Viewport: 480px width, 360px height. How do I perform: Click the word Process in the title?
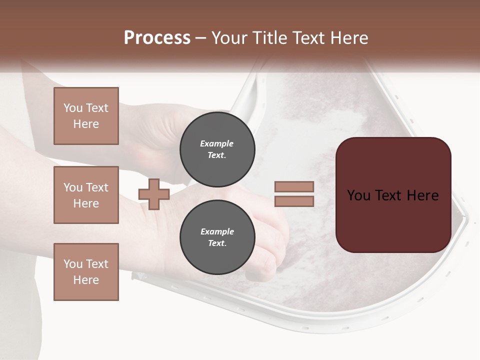point(157,38)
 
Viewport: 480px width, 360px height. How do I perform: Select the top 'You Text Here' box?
point(86,116)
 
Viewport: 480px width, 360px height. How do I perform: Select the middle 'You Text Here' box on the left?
point(86,195)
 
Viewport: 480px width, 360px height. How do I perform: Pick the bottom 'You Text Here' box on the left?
point(86,272)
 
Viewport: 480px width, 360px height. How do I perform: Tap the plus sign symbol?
point(154,194)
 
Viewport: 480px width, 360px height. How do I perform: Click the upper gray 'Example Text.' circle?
point(217,149)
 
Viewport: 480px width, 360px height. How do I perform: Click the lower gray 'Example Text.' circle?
point(217,237)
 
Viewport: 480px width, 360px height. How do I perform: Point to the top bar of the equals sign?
point(294,186)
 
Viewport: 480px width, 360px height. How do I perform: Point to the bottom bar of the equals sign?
point(294,201)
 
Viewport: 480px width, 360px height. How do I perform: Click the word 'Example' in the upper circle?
point(217,143)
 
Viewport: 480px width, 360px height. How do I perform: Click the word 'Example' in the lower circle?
point(217,231)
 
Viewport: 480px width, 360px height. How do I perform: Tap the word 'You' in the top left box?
point(72,108)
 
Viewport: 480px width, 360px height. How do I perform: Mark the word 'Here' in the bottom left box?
point(86,280)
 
